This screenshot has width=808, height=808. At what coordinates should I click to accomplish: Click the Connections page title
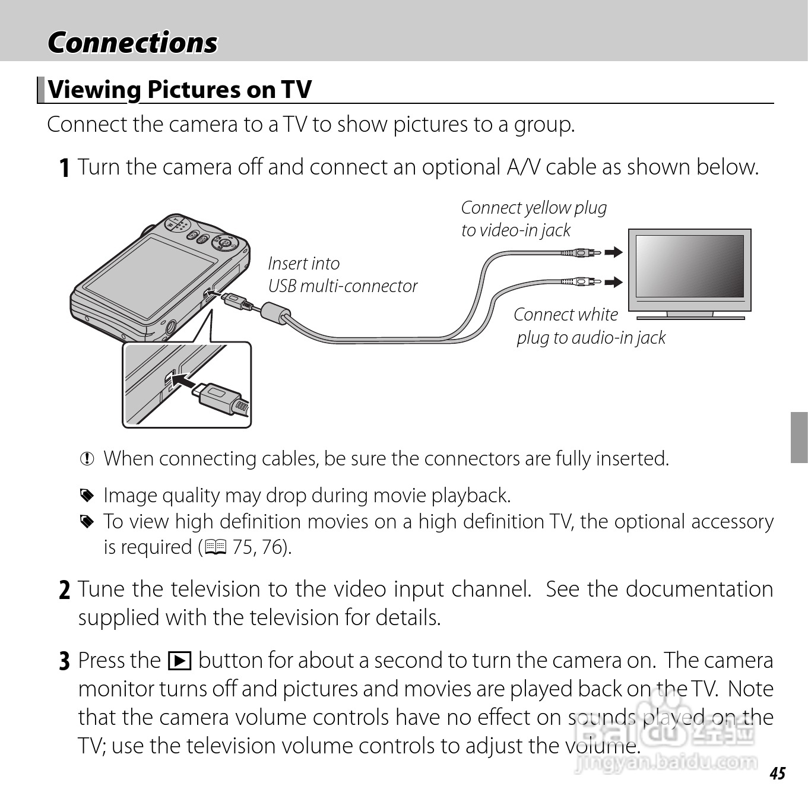pyautogui.click(x=132, y=43)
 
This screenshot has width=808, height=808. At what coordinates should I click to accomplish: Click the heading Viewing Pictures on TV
pyautogui.click(x=179, y=90)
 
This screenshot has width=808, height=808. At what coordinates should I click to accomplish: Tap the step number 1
pyautogui.click(x=65, y=168)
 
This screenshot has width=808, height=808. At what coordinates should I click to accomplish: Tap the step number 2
pyautogui.click(x=65, y=590)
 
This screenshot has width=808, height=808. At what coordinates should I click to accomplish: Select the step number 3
pyautogui.click(x=65, y=661)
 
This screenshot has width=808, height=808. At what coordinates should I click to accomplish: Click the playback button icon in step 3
pyautogui.click(x=179, y=661)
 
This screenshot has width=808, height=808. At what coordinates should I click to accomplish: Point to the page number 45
pyautogui.click(x=777, y=773)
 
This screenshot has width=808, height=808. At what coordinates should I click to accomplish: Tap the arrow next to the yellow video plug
pyautogui.click(x=614, y=252)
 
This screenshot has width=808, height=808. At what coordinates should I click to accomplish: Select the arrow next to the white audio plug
pyautogui.click(x=614, y=281)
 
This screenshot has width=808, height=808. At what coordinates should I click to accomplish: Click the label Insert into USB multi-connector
pyautogui.click(x=342, y=275)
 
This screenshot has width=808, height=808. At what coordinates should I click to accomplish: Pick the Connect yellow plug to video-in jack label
pyautogui.click(x=533, y=218)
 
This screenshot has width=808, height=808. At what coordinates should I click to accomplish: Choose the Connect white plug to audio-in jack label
pyautogui.click(x=589, y=326)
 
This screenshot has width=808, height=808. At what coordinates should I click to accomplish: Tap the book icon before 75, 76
pyautogui.click(x=215, y=547)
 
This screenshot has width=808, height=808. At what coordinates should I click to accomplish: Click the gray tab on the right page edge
pyautogui.click(x=799, y=437)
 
